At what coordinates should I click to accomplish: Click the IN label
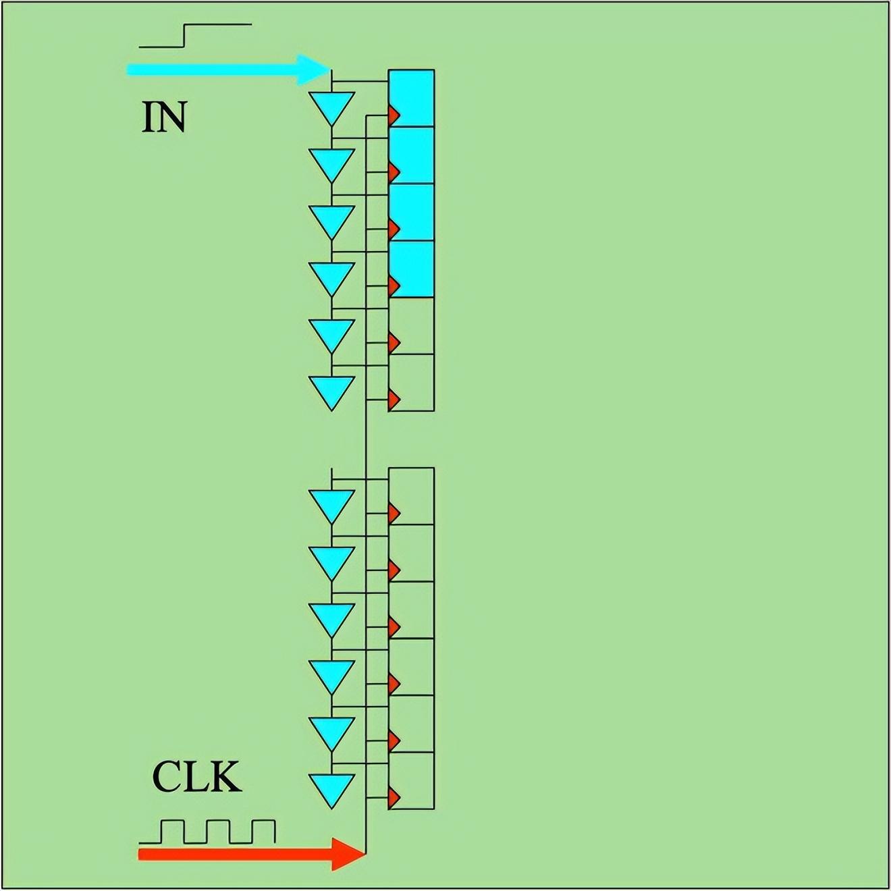tap(164, 118)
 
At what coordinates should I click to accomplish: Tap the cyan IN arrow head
tap(313, 70)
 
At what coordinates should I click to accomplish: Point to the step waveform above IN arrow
tap(195, 36)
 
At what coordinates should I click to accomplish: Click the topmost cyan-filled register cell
tap(411, 98)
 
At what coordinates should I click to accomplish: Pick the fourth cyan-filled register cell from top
tap(411, 269)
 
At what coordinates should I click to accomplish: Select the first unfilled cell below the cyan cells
tap(411, 325)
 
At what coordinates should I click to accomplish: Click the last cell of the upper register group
tap(411, 382)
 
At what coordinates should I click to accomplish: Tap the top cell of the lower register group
tap(411, 496)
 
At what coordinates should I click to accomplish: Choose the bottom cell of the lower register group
tap(411, 780)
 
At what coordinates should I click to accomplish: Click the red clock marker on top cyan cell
tap(394, 115)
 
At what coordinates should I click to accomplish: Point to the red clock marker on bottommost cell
tap(394, 798)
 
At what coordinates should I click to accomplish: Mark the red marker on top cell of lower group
tap(394, 514)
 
